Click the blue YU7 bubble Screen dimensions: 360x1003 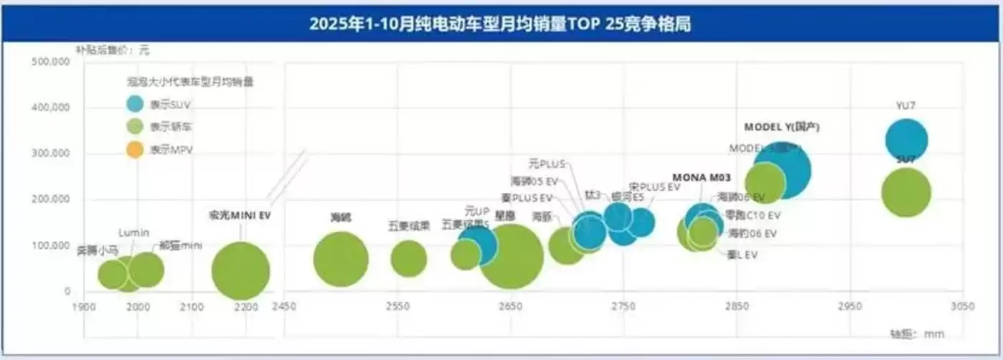coord(906,141)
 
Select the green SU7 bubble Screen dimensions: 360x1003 coord(905,192)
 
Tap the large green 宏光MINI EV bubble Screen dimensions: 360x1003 coord(240,270)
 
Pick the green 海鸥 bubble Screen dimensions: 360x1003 coord(341,260)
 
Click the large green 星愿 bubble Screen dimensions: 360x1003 coord(511,257)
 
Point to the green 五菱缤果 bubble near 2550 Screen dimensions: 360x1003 coord(409,258)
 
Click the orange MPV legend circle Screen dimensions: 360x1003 coord(134,150)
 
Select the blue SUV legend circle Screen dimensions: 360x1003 coord(134,103)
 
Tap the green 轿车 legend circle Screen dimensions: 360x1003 coord(134,126)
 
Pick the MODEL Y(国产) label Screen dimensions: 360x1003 coord(781,127)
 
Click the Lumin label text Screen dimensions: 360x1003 coord(133,232)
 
